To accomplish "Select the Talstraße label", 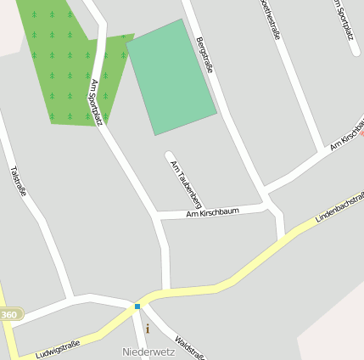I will (x=20, y=180).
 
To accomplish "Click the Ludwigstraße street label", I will (x=58, y=349).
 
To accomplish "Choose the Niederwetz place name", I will (x=147, y=351).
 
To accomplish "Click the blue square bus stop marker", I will (x=137, y=306).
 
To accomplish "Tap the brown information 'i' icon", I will (x=147, y=328).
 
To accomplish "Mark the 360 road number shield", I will (x=8, y=315).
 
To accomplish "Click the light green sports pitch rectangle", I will (x=171, y=77).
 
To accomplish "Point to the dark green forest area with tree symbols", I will (x=64, y=64).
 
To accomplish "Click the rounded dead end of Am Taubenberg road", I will (x=169, y=155).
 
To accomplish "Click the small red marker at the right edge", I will (x=361, y=132).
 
